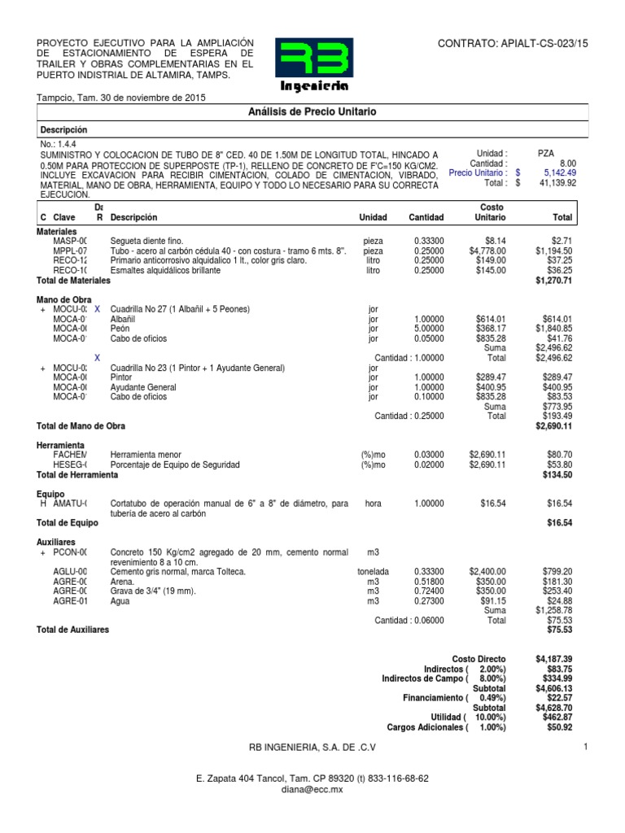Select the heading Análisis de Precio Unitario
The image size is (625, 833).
point(312,111)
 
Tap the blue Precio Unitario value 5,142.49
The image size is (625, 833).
point(556,172)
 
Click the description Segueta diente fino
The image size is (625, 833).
point(147,242)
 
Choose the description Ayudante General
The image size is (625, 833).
point(143,387)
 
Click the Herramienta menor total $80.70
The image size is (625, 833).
point(561,455)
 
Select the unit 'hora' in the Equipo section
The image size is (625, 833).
point(373,504)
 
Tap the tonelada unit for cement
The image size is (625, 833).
point(373,572)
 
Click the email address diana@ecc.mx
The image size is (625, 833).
point(312,789)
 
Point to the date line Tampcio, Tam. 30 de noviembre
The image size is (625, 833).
point(121,98)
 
